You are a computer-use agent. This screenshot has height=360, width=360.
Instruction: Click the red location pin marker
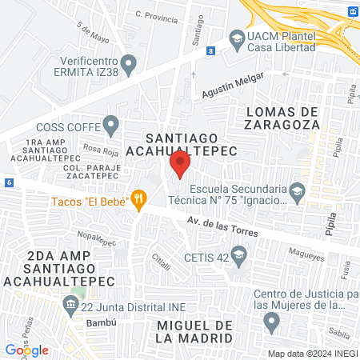(180, 165)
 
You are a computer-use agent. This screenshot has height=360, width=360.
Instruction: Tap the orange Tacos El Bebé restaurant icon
(139, 200)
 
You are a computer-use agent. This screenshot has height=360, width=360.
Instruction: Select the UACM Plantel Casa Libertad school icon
(237, 38)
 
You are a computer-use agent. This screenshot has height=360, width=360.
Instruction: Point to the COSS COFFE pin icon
(111, 124)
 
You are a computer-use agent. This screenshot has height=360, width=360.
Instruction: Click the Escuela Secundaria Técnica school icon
(298, 190)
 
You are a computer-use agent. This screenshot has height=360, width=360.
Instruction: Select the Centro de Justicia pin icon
(271, 322)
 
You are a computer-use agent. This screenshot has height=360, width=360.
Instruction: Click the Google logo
(27, 350)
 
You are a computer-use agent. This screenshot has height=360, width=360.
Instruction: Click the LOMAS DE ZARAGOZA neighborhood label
(272, 118)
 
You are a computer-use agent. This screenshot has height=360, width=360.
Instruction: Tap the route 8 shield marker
(210, 50)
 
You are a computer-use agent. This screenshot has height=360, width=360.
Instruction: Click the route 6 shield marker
(8, 182)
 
